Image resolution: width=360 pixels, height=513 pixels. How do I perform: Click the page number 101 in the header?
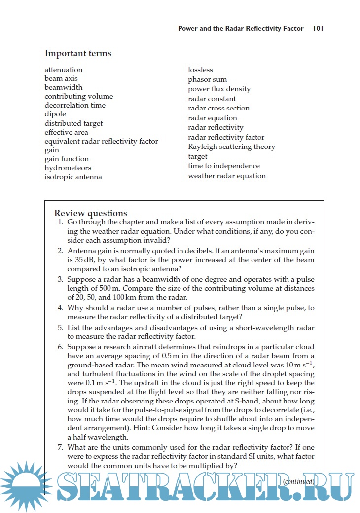[318, 28]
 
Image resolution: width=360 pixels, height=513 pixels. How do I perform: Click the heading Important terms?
[78, 53]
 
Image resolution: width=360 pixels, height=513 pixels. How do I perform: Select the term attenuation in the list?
[64, 70]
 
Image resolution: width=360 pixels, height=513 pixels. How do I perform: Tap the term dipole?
[55, 114]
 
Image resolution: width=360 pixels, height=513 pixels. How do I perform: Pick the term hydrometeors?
[68, 168]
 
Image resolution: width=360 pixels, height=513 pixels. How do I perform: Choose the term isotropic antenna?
[73, 177]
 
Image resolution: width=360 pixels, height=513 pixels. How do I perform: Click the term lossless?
[200, 70]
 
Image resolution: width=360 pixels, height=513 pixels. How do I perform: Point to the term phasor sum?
[207, 79]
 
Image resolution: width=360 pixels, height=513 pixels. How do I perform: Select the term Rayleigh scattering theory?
[231, 147]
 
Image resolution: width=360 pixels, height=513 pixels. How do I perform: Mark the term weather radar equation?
[227, 176]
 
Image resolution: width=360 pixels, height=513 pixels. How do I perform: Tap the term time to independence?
[223, 166]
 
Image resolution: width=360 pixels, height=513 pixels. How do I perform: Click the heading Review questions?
[91, 213]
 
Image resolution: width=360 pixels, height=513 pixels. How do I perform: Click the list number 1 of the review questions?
[60, 222]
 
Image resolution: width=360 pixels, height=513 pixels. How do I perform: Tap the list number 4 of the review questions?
[60, 308]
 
